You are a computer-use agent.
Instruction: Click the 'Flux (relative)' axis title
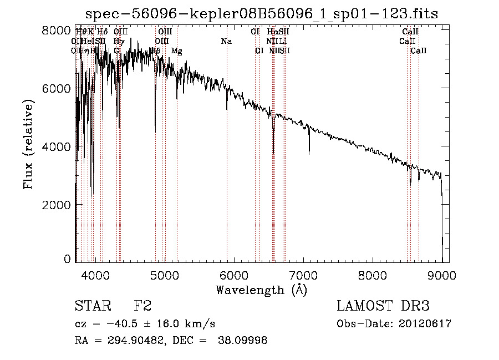pos(28,144)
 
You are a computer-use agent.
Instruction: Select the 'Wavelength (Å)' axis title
pos(261,290)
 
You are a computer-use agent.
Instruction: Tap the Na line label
pos(226,42)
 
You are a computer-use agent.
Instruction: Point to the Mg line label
pos(176,51)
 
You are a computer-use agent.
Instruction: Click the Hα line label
pos(272,32)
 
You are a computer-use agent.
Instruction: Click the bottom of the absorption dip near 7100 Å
pos(309,152)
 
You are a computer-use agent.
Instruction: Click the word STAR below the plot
pos(92,306)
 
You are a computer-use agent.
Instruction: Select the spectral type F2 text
pos(142,306)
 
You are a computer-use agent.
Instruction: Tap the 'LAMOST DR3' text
pos(383,306)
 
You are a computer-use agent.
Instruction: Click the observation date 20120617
pos(426,324)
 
